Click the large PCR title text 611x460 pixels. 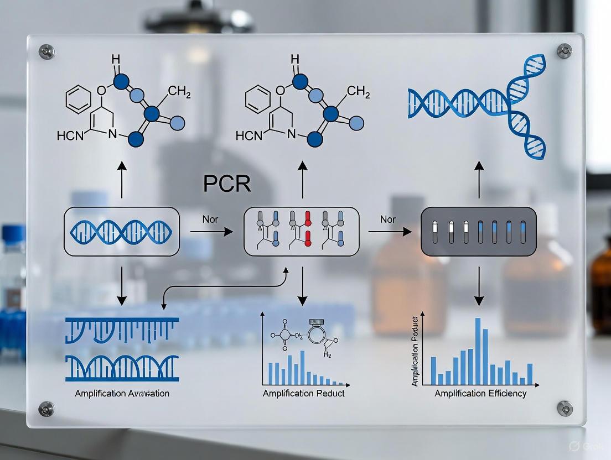227,184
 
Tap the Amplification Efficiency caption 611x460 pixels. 480,394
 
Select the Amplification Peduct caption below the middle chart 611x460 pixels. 303,393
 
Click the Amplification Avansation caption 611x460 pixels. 122,394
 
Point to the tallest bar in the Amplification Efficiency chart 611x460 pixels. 477,351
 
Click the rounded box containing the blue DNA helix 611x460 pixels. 122,232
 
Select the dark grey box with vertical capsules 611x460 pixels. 479,231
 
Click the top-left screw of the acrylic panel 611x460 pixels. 46,51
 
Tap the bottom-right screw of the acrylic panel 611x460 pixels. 565,409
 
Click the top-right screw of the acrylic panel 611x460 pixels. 565,51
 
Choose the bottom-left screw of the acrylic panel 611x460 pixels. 46,409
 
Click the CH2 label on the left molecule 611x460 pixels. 179,92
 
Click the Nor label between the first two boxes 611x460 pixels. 210,219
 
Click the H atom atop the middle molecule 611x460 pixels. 294,59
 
